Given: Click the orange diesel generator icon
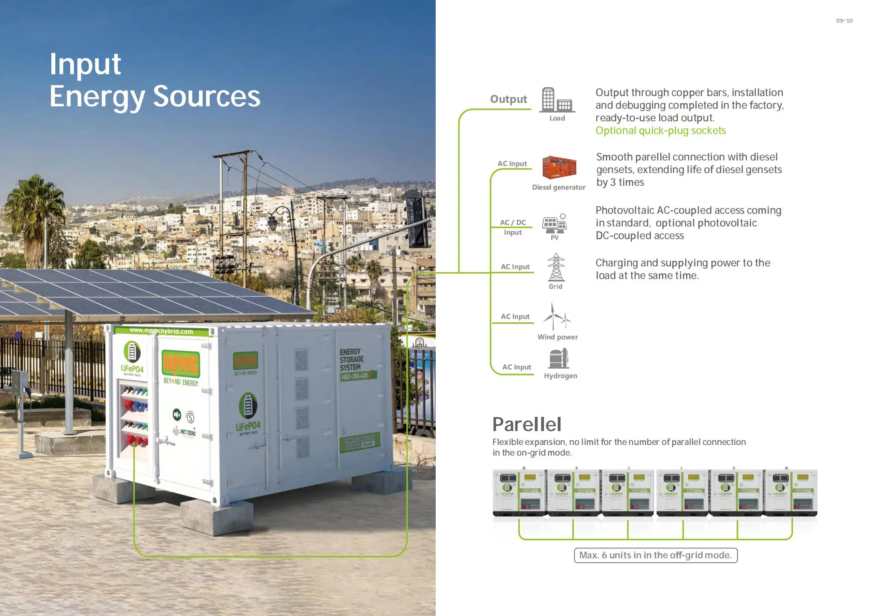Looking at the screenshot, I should pyautogui.click(x=559, y=168).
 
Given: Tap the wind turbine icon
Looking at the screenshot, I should pyautogui.click(x=556, y=316).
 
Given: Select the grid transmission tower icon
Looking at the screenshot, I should pyautogui.click(x=556, y=267).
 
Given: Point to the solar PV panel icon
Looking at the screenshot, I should pyautogui.click(x=554, y=224).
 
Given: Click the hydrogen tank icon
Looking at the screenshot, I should pyautogui.click(x=558, y=359).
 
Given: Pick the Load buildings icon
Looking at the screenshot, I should pyautogui.click(x=557, y=100).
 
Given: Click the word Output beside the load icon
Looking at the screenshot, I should pyautogui.click(x=508, y=99).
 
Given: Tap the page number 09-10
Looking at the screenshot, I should pyautogui.click(x=844, y=21).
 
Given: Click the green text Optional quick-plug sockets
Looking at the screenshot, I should pyautogui.click(x=660, y=131).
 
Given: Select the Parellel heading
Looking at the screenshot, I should pyautogui.click(x=527, y=424).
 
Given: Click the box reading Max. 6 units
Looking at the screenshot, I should pyautogui.click(x=655, y=555).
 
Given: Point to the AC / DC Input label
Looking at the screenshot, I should pyautogui.click(x=513, y=227).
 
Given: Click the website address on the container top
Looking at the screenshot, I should pyautogui.click(x=161, y=331).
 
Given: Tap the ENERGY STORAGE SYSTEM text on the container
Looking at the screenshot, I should pyautogui.click(x=351, y=359).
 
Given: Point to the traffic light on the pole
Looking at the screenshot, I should pyautogui.click(x=417, y=222).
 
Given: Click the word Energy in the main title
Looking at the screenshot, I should pyautogui.click(x=97, y=97).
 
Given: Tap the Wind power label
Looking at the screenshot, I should pyautogui.click(x=557, y=337).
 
